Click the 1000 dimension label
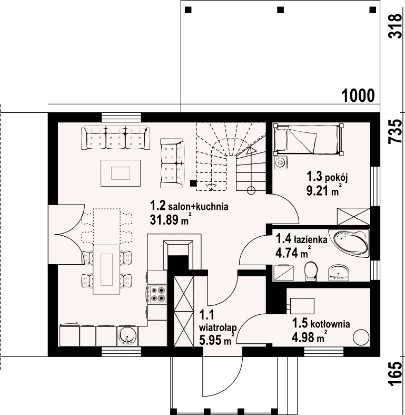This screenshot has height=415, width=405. pos(358,95)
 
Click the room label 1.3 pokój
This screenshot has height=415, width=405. pos(327,177)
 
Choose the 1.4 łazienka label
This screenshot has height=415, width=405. pos(302,239)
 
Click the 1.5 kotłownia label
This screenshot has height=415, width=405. pos(321,323)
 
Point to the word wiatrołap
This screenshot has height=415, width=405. pos(218,327)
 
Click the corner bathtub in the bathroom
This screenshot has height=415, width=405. pos(350,243)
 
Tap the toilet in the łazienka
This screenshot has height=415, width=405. pos(311,271)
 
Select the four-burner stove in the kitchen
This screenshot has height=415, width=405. pos(157,294)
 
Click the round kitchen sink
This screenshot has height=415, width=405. pos(127,336)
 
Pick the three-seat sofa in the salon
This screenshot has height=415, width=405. pos(115,138)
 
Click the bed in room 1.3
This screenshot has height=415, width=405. pos(309,139)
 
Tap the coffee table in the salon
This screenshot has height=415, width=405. pos(121,173)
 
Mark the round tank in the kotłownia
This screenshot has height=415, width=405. pos(361,337)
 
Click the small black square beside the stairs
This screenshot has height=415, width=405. pos(193,183)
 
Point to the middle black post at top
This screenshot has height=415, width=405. pos(281,10)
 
